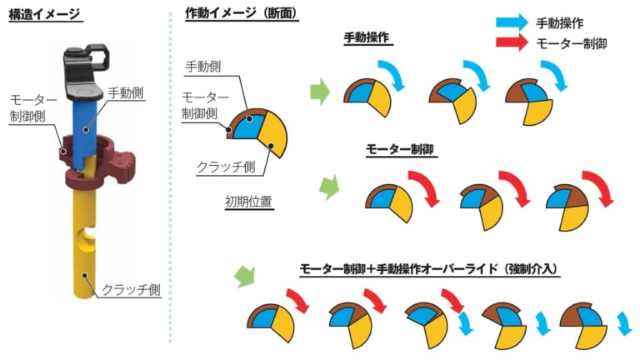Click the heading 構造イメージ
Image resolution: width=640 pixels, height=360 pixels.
point(44,15)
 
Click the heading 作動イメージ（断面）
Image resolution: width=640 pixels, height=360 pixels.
point(242,13)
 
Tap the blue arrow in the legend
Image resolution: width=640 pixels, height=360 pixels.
point(512,22)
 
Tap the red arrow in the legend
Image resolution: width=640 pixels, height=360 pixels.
point(512,42)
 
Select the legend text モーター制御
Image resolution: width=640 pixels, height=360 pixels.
point(572,43)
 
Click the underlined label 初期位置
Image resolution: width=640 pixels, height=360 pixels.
point(248,202)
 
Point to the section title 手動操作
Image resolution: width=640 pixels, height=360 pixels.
point(367,37)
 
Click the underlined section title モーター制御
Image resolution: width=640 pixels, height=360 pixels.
point(400,149)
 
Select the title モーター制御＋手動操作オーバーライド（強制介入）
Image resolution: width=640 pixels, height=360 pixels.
point(428,268)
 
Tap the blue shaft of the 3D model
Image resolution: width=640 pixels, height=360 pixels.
point(85,131)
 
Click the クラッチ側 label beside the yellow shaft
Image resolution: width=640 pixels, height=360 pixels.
point(131,289)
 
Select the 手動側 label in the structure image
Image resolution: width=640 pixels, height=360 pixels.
point(126,93)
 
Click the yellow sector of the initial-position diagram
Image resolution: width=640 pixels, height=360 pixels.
point(272,132)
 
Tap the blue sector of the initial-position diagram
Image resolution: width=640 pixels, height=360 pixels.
point(247,127)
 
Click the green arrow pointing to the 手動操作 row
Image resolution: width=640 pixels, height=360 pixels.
point(320,92)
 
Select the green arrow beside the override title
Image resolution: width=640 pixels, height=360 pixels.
point(244,276)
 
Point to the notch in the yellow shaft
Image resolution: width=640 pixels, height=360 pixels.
point(87,237)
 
